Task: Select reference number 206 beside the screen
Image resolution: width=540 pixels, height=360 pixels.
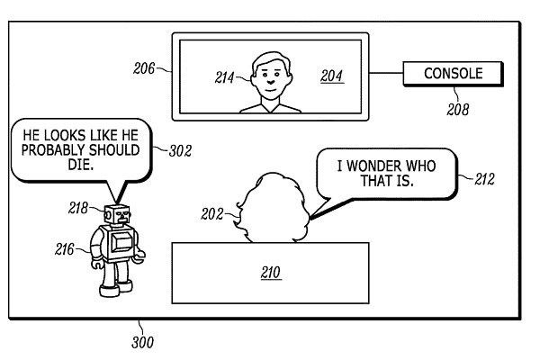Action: point(144,67)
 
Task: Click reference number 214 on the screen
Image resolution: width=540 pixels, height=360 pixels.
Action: point(225,78)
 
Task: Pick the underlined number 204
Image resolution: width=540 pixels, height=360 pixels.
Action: point(331,77)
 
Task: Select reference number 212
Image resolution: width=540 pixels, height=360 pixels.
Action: point(485,180)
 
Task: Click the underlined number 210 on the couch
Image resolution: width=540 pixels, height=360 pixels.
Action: point(270,271)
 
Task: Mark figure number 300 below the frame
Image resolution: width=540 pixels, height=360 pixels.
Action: point(142,342)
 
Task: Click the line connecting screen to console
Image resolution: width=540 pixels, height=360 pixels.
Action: point(386,74)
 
